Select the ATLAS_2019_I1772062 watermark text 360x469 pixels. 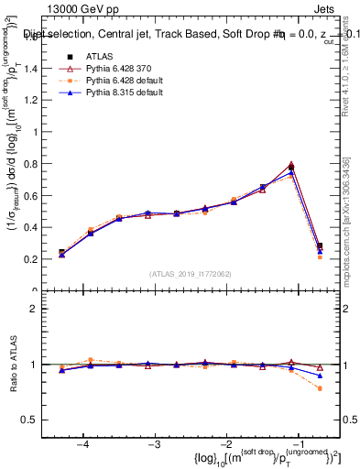[x=190, y=273]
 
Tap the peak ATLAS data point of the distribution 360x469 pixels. [x=291, y=167]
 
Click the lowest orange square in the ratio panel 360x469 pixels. [x=320, y=388]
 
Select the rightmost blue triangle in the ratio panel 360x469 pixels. [x=320, y=376]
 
